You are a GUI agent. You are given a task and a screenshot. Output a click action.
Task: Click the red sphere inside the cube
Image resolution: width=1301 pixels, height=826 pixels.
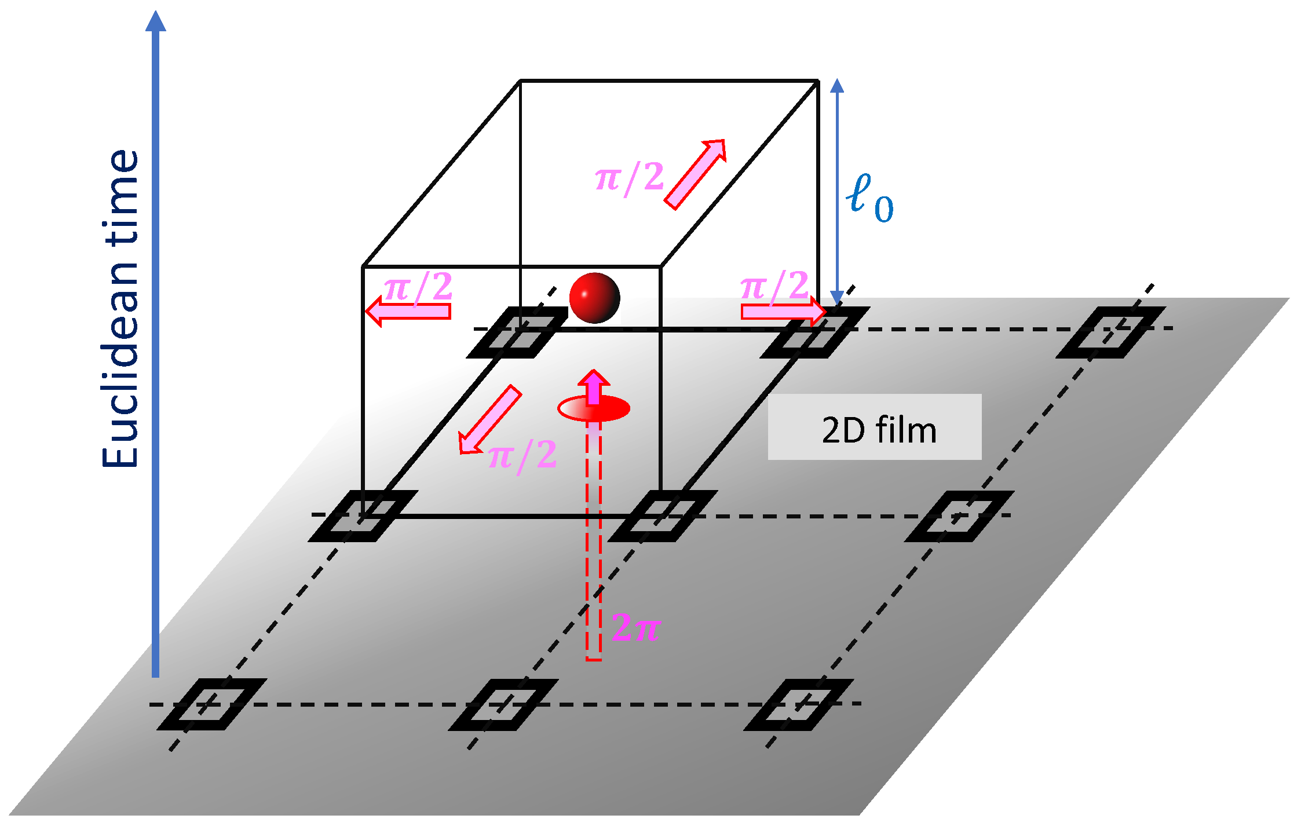click(x=594, y=298)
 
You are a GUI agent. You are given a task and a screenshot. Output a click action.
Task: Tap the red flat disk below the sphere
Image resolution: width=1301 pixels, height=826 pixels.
click(x=593, y=409)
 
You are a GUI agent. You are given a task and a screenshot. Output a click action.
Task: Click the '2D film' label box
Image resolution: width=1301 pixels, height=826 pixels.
click(x=874, y=427)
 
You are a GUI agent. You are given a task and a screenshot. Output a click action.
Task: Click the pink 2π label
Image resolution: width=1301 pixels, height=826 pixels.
click(x=635, y=627)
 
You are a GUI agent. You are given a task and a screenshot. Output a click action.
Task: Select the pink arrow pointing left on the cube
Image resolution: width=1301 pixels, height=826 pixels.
click(x=408, y=312)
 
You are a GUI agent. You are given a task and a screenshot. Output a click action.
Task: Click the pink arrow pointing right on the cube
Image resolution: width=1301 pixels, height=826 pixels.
click(x=783, y=312)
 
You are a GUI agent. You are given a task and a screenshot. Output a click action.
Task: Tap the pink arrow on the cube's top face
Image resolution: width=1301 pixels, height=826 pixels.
click(x=695, y=174)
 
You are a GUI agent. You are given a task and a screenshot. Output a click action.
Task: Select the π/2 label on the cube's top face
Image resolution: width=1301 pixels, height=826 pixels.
click(x=629, y=178)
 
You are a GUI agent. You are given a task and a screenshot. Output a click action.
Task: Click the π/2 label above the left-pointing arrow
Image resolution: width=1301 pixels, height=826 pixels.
click(x=418, y=287)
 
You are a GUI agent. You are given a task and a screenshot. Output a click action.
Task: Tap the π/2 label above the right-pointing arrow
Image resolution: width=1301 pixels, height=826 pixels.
click(x=774, y=286)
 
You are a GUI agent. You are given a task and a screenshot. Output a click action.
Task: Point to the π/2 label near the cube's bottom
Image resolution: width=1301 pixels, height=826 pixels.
click(x=522, y=455)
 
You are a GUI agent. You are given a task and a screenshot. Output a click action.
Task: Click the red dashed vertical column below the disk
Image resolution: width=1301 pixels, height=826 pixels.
click(x=593, y=539)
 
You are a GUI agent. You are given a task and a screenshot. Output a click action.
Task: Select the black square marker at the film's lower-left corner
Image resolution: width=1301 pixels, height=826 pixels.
click(x=211, y=704)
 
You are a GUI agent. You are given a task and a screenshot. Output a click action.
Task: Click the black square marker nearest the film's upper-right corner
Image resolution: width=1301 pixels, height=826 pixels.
click(x=1110, y=332)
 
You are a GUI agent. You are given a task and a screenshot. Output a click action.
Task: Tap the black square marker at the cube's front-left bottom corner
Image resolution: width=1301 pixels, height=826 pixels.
click(x=363, y=516)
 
